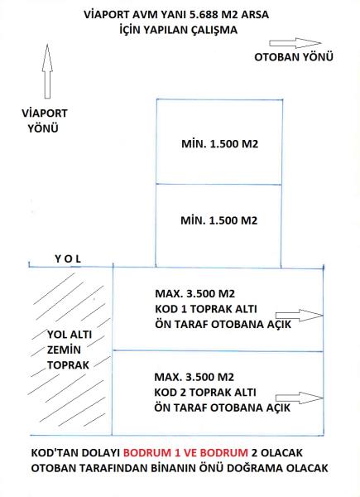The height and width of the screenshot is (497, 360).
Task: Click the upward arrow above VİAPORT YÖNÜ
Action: pos(47,71)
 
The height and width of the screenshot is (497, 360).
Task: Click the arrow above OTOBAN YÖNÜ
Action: pos(295,43)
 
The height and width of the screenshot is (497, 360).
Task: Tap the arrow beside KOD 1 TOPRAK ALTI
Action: pos(300,316)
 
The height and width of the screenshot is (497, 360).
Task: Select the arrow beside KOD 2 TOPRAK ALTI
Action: pos(300,398)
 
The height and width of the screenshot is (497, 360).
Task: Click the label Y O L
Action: pos(68,259)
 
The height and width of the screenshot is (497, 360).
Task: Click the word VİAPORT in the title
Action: pos(103,15)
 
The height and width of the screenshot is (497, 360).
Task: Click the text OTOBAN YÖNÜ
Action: pos(294,57)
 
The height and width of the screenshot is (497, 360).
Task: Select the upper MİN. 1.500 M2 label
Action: pos(220,144)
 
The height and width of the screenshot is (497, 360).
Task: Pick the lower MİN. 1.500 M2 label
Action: pos(219,220)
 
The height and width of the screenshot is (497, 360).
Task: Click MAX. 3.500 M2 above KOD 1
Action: pos(194,293)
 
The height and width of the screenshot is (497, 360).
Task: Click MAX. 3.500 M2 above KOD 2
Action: pos(194,377)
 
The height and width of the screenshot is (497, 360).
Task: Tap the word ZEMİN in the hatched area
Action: pos(64,350)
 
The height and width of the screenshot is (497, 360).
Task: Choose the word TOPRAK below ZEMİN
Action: pos(68,365)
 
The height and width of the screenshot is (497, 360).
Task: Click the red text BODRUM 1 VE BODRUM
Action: pos(185,452)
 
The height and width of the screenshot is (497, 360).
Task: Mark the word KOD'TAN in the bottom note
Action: pos(52,452)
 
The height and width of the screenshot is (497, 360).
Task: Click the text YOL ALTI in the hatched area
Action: pos(70,335)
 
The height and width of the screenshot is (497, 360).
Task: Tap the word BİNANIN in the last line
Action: pos(173,468)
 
